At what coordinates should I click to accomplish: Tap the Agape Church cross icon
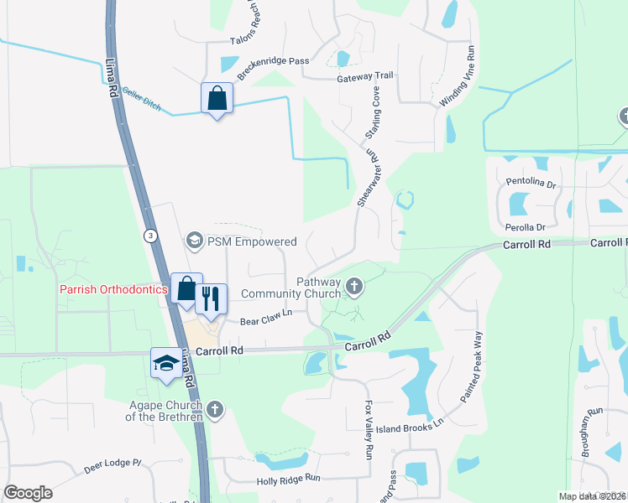coord(215,409)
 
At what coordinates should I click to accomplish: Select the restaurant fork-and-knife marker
coord(211,298)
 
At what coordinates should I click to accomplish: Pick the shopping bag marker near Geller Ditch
coord(217,98)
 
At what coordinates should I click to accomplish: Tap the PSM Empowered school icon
coord(195,241)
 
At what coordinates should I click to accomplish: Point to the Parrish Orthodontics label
coord(113,290)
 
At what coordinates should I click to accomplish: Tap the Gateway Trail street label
coord(364,76)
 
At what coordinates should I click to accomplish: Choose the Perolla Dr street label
coord(525,227)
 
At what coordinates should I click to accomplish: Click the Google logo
coord(28,493)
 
